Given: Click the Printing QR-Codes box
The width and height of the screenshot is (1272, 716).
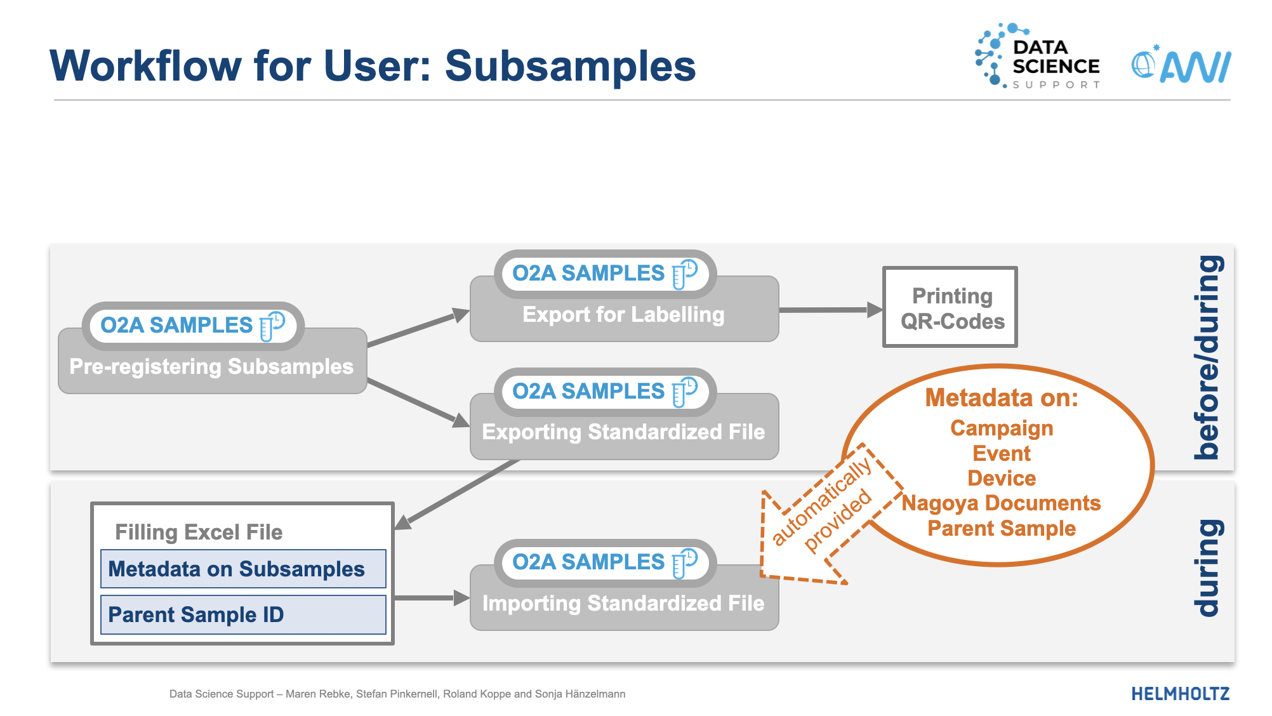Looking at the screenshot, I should coord(950,308).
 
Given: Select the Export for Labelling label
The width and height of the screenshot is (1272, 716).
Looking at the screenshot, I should coord(623,315).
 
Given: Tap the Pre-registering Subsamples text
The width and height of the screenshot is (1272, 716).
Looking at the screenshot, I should coord(211,367).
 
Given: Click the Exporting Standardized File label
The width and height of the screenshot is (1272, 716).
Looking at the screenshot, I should coord(623,432).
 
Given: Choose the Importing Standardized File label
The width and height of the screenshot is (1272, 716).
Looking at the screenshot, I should coord(623,603).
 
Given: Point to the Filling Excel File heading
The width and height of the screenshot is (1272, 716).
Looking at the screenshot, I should coord(199,532).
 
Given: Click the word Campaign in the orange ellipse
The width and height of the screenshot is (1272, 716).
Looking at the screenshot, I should coord(1001,428).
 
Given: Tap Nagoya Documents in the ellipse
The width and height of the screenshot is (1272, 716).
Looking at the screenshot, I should coord(1001,503).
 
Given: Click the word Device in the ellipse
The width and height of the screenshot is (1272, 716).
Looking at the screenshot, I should coord(1001,478).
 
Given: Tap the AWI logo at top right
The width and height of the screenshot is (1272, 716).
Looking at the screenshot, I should coord(1181,65).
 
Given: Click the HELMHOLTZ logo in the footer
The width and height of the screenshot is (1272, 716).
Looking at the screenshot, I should coord(1180,694).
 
